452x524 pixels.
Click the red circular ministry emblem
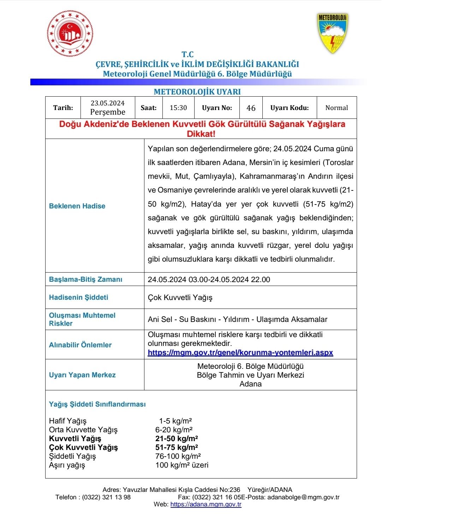tap(70, 33)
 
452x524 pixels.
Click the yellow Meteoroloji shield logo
tap(332, 33)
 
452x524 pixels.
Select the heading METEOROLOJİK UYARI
tap(197, 92)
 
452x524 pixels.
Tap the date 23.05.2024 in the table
tap(107, 103)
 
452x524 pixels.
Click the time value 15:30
tap(178, 108)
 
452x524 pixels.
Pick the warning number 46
tap(251, 108)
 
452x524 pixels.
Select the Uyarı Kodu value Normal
tap(336, 108)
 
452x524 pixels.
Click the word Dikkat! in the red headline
tap(201, 134)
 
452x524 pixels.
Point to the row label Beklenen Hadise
tap(77, 206)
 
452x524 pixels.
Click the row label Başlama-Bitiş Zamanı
tap(85, 280)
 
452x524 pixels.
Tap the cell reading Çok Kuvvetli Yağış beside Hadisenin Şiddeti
tap(180, 298)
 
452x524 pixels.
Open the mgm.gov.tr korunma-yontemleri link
tap(240, 353)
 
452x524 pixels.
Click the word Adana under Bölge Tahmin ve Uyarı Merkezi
tap(250, 384)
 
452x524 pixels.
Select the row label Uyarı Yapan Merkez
tap(82, 375)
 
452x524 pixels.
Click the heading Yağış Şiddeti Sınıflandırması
tap(97, 404)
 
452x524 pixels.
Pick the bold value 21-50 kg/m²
tap(176, 439)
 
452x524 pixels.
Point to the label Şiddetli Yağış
tap(72, 456)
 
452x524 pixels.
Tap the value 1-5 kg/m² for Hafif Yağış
tap(175, 421)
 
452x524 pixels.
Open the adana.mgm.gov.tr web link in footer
tap(206, 504)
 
